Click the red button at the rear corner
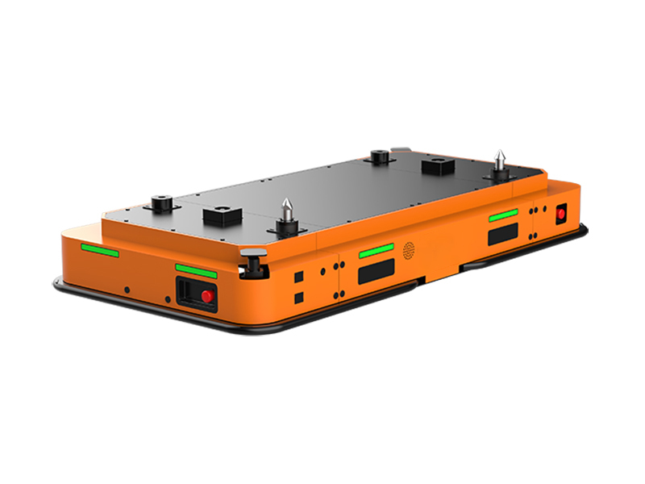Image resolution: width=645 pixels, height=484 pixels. click(x=561, y=214)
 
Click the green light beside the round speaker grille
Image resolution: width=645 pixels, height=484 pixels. click(x=376, y=251)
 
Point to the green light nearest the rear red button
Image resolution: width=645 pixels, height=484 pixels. click(x=503, y=215)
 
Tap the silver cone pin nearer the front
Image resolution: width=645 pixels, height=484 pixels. click(x=285, y=217)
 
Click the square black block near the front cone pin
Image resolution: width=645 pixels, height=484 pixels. click(x=220, y=216)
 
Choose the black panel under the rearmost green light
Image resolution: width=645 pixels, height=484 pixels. click(x=503, y=234)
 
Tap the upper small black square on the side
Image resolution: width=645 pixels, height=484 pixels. click(x=299, y=277)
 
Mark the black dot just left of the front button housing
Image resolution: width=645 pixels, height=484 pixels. click(x=168, y=299)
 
